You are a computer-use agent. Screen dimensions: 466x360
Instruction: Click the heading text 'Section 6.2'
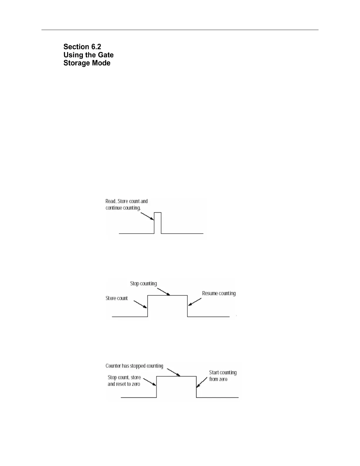tap(82, 47)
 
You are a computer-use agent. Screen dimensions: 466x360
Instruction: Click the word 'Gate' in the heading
tap(106, 55)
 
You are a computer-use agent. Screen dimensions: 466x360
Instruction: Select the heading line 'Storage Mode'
tap(87, 63)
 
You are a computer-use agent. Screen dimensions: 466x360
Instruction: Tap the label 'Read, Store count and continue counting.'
tap(126, 204)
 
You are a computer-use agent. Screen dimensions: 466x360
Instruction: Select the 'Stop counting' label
tap(144, 284)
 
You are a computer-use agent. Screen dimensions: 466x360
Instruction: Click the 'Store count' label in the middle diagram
tap(116, 298)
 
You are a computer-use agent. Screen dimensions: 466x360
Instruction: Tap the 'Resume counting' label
tap(219, 293)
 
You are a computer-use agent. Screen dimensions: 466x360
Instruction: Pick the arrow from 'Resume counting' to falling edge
tap(195, 302)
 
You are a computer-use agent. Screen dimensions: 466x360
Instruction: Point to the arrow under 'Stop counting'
tap(164, 291)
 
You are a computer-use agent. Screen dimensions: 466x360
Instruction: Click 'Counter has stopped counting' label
tap(134, 366)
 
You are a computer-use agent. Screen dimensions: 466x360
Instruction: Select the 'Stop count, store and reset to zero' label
tap(124, 381)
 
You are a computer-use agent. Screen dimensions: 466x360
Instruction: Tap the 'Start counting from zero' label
tap(223, 376)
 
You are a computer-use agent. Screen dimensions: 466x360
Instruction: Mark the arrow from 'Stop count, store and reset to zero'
tap(150, 382)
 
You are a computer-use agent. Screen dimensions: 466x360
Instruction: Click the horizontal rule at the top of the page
tap(180, 30)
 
